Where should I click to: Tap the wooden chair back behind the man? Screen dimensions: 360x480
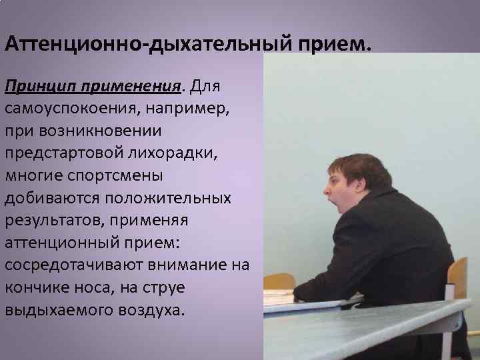(x=457, y=277)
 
